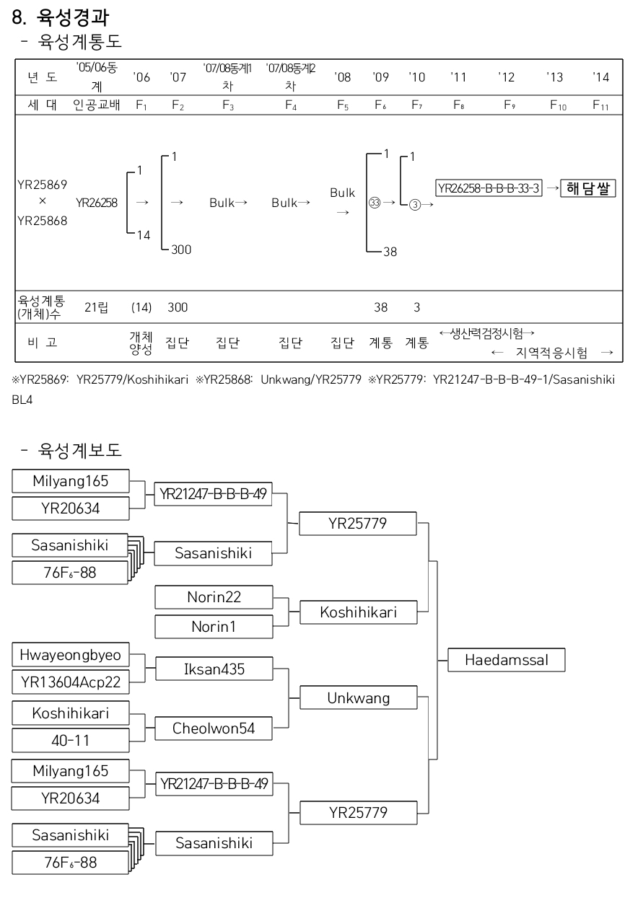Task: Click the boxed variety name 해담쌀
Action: (587, 189)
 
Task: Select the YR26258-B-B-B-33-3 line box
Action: (489, 189)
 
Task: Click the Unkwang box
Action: (358, 698)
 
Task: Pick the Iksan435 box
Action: (214, 669)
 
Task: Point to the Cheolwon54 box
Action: (214, 728)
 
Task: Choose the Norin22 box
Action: (214, 597)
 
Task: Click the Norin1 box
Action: (214, 627)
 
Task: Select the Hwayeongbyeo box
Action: (71, 656)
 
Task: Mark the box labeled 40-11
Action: (71, 741)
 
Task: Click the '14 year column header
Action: (600, 77)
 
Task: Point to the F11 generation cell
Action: (600, 105)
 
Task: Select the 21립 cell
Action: (95, 308)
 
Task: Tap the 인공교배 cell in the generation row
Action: (96, 105)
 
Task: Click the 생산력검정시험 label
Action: (487, 333)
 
